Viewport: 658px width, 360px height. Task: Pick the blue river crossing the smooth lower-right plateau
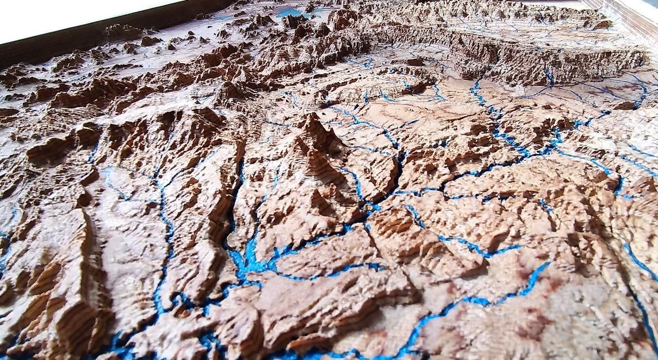(489, 296)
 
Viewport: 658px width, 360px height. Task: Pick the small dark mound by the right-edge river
(625, 105)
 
